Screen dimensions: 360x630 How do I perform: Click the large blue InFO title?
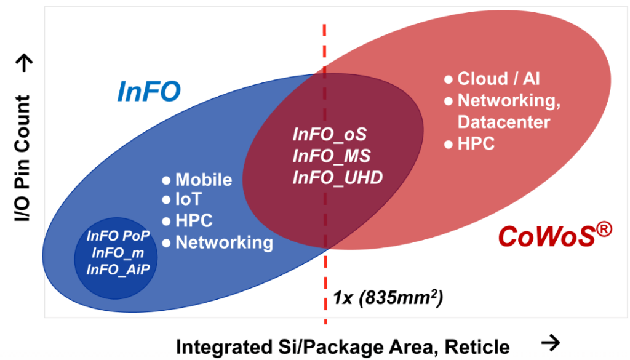[149, 92]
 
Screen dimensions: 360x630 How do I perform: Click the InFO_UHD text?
[337, 177]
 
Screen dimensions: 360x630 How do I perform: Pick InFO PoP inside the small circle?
[115, 236]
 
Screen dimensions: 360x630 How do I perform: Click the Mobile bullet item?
[204, 180]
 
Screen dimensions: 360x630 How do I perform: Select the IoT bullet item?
[189, 201]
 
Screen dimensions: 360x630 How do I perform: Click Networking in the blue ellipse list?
[224, 242]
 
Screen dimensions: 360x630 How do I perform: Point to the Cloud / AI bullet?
[499, 79]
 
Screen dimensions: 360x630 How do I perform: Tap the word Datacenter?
[504, 121]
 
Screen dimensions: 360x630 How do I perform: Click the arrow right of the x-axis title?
[552, 342]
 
